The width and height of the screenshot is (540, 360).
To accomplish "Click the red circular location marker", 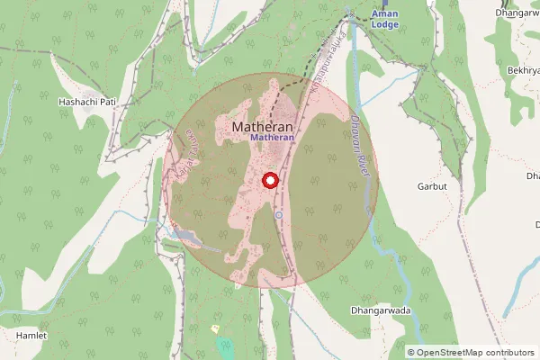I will point(268,181).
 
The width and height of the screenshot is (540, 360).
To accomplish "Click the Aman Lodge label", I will point(384,19).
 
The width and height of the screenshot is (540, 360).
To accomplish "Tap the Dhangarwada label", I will point(380,310).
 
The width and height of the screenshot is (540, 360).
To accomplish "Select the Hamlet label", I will point(31,335).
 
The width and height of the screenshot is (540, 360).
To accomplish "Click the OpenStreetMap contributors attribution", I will point(471,352).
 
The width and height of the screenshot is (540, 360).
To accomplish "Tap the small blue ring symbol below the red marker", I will point(279,215).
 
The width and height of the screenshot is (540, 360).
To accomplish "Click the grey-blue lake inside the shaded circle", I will point(185,237).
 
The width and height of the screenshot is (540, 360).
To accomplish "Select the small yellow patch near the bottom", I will point(214,329).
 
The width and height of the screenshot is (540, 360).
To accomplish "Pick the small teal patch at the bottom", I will point(224,347).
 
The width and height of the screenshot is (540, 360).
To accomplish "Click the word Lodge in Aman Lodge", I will point(384,24).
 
